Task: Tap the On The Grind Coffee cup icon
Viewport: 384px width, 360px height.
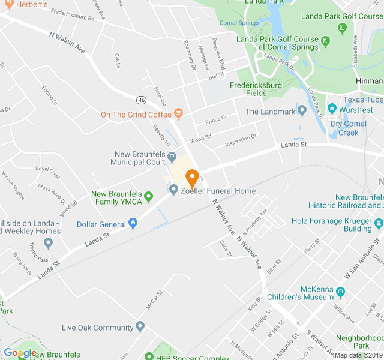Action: (x=178, y=114)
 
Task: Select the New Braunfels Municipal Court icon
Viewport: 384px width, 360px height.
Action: (x=172, y=157)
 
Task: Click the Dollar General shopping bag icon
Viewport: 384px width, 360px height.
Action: (x=133, y=224)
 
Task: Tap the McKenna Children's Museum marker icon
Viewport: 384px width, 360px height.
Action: (x=341, y=292)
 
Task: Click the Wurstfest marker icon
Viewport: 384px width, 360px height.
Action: (x=332, y=110)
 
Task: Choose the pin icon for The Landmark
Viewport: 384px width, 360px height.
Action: (x=302, y=111)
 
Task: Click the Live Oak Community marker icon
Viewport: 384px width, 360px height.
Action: (x=140, y=327)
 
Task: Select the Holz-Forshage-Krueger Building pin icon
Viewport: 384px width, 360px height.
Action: (x=379, y=228)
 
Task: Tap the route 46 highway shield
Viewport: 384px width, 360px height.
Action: (x=141, y=100)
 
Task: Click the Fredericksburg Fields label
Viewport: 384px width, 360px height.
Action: (x=257, y=89)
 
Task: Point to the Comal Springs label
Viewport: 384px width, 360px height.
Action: (x=239, y=23)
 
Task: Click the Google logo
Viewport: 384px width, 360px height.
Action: (x=20, y=353)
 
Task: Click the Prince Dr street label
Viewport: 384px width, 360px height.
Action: (x=216, y=119)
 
